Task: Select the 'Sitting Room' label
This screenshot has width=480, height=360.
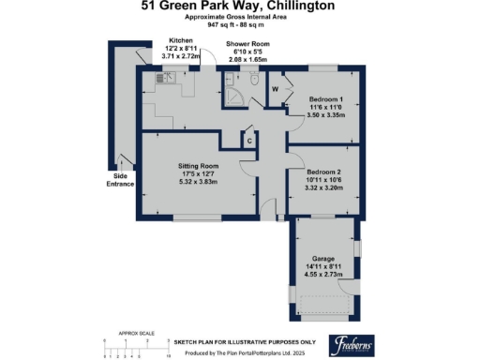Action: (x=198, y=165)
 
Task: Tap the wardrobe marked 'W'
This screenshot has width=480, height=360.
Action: (x=275, y=90)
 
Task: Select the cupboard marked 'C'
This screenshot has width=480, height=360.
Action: (x=248, y=140)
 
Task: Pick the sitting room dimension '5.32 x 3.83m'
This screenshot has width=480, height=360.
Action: (x=198, y=181)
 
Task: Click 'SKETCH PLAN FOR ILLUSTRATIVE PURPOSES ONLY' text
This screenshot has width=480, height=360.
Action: (x=244, y=342)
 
